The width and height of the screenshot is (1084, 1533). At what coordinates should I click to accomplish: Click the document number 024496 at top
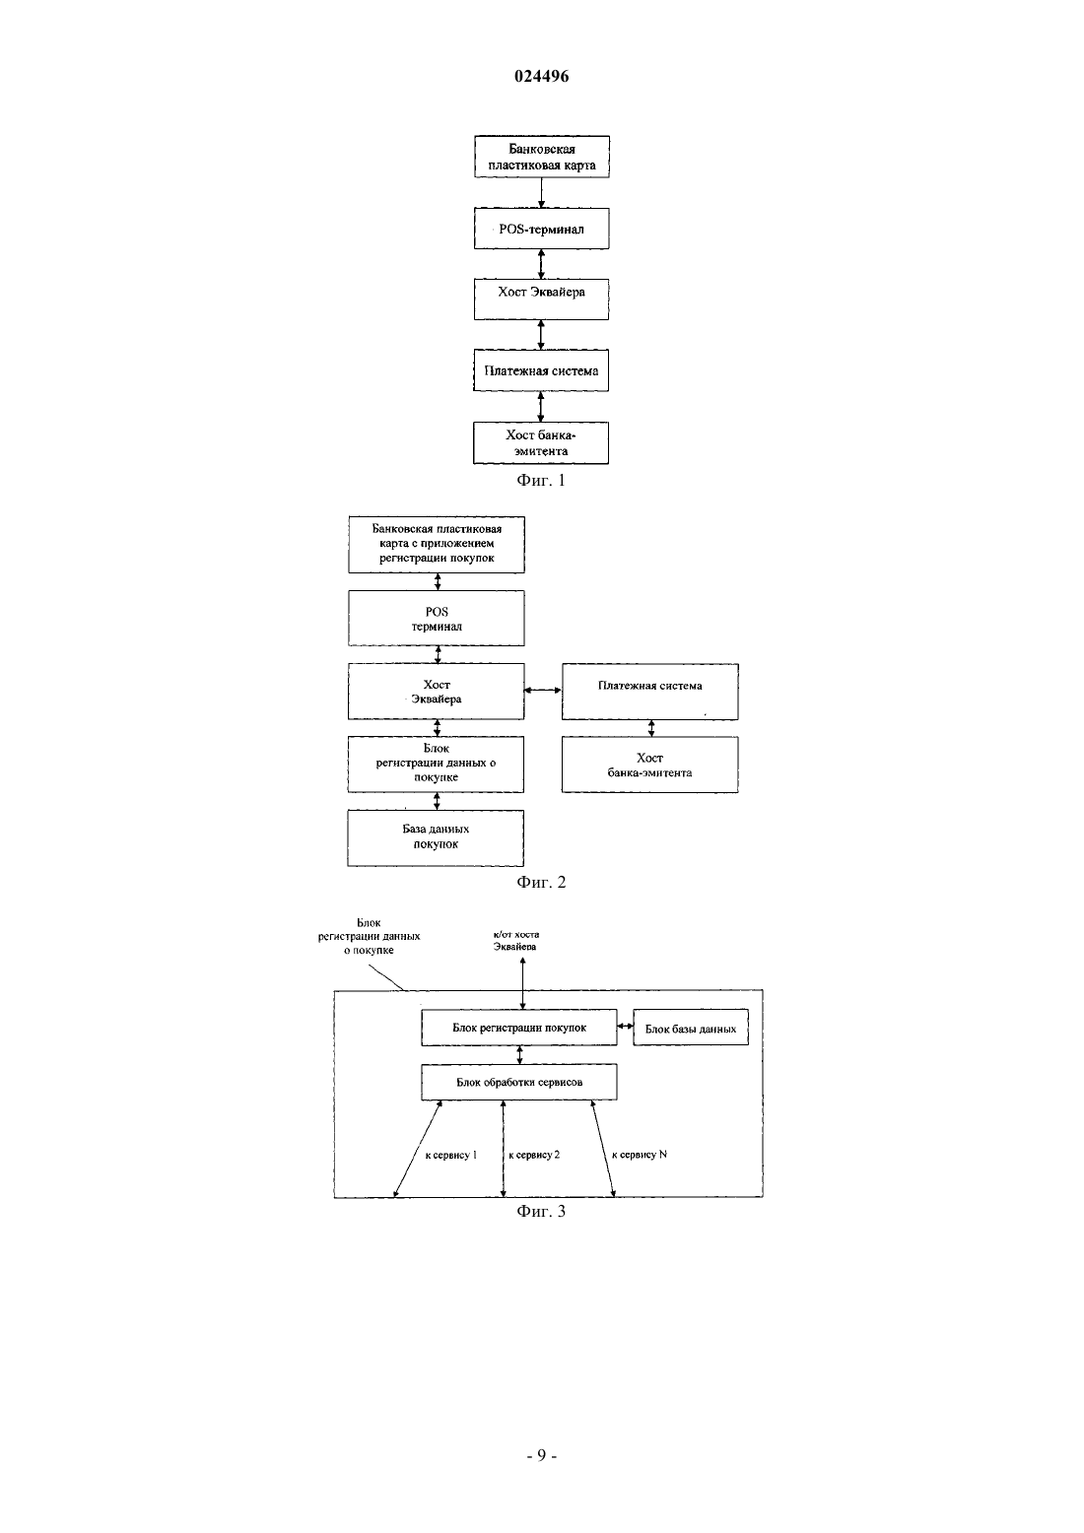pos(541,76)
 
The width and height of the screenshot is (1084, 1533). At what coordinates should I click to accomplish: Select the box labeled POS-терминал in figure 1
pos(541,229)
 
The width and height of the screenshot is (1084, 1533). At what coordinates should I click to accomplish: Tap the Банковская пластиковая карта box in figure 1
pos(541,157)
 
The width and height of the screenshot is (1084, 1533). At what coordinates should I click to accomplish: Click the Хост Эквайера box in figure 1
pos(541,300)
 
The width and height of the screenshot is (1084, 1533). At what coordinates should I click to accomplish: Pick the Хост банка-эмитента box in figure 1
pos(541,442)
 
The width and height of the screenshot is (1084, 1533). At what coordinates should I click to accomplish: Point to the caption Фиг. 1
pos(541,481)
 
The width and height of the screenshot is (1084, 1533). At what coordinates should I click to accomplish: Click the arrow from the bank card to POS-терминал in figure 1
pos(541,193)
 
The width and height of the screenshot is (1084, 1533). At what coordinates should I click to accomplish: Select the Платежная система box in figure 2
pos(650,692)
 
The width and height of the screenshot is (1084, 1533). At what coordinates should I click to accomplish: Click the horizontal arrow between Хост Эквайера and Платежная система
pos(543,691)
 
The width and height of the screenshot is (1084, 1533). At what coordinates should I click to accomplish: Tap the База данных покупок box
pos(436,838)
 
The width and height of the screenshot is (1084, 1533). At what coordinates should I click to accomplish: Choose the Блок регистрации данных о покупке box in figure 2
pos(436,765)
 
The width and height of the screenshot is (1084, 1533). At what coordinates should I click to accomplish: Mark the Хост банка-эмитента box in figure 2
pos(650,765)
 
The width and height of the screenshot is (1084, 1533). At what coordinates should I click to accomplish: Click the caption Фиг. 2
pos(541,882)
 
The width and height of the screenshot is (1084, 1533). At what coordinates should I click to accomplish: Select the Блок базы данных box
pos(691,1028)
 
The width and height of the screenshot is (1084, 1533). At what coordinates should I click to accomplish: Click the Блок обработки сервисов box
pos(518,1082)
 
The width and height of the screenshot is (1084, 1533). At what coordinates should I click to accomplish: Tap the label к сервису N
pos(640,1155)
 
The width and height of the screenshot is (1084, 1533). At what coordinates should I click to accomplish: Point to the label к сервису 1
pos(451,1156)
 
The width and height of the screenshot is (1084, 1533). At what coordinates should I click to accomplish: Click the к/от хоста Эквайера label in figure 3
pos(515,940)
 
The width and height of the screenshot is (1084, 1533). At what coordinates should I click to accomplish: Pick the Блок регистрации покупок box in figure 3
pos(518,1028)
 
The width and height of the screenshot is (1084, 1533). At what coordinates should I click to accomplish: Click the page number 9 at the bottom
pos(541,1456)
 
